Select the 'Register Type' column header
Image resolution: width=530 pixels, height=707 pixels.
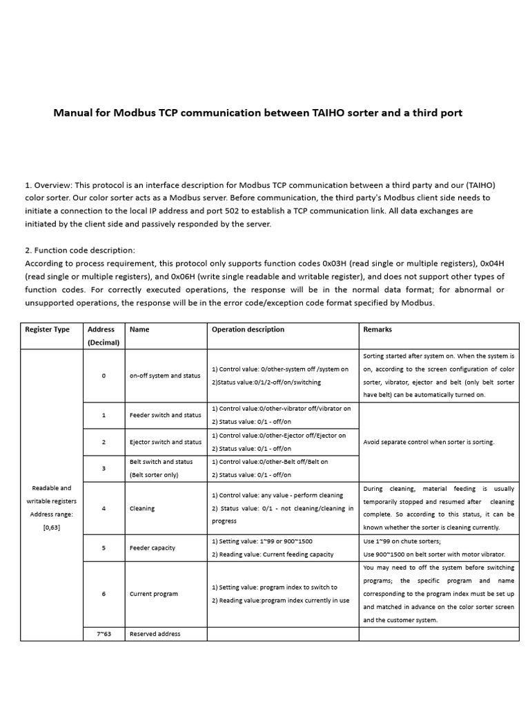click(47, 329)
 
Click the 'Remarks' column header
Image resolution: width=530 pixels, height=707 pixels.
click(377, 329)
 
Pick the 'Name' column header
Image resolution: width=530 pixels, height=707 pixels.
click(139, 329)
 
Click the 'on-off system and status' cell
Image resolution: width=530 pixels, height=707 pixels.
click(164, 376)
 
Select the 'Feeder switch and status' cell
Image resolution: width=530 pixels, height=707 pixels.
click(165, 415)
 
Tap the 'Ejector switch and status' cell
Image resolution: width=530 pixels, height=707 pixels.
click(166, 442)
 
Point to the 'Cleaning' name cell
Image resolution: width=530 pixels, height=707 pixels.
click(142, 508)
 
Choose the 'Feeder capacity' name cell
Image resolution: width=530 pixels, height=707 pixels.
click(153, 548)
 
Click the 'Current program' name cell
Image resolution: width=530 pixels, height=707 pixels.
click(153, 594)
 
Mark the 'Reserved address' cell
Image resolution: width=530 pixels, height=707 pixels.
click(155, 634)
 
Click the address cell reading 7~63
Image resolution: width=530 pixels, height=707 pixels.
click(104, 634)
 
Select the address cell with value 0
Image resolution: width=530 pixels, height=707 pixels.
click(104, 376)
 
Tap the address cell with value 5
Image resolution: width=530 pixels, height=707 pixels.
click(104, 548)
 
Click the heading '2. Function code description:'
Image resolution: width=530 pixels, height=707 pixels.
click(80, 250)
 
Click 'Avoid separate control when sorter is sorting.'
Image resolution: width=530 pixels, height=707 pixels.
click(429, 442)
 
